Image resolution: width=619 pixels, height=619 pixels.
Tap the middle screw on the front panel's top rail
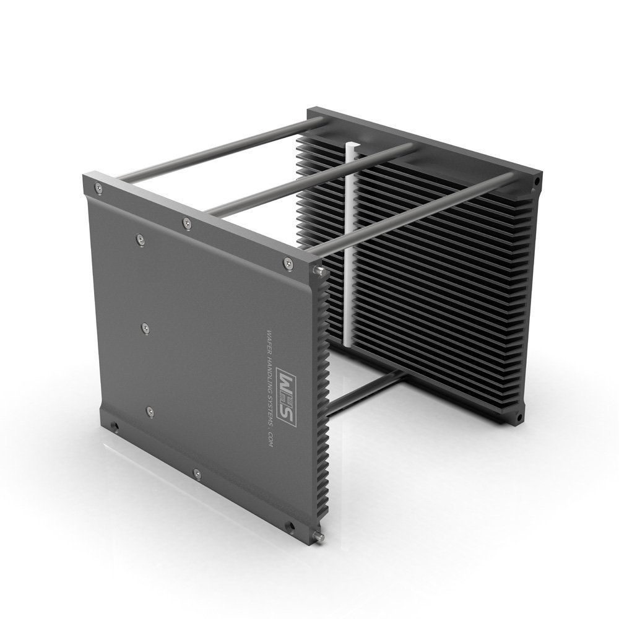(187, 222)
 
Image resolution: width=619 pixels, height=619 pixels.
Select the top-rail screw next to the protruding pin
(288, 263)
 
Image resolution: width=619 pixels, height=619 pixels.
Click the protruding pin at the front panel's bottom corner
(319, 537)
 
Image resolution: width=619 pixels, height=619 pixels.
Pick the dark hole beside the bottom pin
(289, 527)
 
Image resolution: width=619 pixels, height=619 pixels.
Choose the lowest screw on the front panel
(197, 475)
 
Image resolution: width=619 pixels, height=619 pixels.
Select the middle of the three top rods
(309, 180)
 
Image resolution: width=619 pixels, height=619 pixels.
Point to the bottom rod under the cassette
(365, 392)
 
